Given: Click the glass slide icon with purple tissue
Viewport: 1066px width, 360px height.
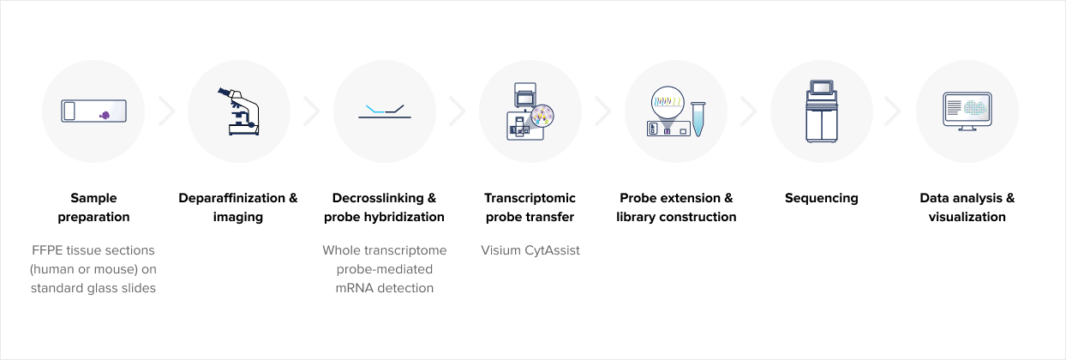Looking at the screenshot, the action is tap(93, 111).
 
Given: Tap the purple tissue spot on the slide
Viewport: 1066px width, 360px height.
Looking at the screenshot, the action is tap(105, 115).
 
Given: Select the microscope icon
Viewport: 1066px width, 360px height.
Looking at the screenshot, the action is tap(239, 111).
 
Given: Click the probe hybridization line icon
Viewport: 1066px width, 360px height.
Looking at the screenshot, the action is tap(385, 112).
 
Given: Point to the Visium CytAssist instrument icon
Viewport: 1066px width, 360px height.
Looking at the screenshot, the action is tap(530, 111).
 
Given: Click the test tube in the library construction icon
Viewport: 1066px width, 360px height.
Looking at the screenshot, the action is tap(698, 119).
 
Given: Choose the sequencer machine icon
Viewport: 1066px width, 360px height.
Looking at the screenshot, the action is tap(822, 111).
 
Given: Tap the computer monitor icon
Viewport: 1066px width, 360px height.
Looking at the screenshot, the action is tap(967, 111).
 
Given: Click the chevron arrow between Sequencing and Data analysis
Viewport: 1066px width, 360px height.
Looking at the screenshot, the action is tap(893, 111).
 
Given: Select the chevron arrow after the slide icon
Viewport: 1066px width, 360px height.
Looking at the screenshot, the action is tap(167, 111).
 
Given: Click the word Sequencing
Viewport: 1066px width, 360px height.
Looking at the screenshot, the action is tap(822, 198).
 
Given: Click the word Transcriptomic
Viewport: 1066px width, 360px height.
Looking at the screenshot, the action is tap(530, 198).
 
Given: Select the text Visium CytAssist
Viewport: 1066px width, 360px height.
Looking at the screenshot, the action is tap(530, 250).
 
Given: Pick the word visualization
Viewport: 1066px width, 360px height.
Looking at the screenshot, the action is tap(967, 217).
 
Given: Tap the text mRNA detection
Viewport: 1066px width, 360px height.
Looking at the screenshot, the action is tap(385, 288).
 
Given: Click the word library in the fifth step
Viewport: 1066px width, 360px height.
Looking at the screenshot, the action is tap(634, 217).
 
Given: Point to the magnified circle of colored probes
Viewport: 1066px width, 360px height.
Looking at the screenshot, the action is tap(668, 102).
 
